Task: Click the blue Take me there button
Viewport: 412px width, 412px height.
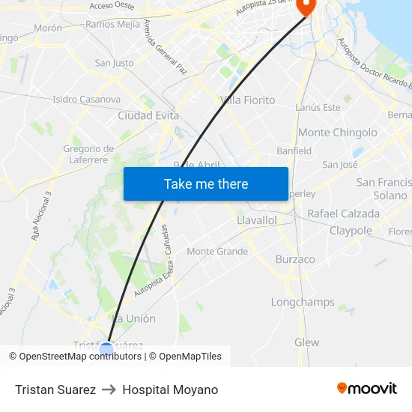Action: pyautogui.click(x=206, y=184)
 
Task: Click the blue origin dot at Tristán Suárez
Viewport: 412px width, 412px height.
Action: pyautogui.click(x=106, y=348)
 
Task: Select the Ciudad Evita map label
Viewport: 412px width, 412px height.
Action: pyautogui.click(x=148, y=116)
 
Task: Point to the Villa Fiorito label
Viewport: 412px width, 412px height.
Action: pyautogui.click(x=248, y=100)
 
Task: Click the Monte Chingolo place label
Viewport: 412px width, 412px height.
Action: pyautogui.click(x=338, y=133)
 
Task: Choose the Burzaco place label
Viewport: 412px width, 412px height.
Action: pyautogui.click(x=295, y=259)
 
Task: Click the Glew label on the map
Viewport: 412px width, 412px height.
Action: pyautogui.click(x=306, y=342)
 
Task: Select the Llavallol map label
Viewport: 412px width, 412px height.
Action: pyautogui.click(x=256, y=221)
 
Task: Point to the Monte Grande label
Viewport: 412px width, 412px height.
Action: pyautogui.click(x=217, y=252)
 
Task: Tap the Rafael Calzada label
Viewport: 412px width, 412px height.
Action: pyautogui.click(x=343, y=213)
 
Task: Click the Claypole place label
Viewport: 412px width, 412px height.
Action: pyautogui.click(x=351, y=231)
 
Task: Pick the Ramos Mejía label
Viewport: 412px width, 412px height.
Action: pyautogui.click(x=113, y=24)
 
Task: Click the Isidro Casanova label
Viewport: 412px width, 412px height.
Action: pyautogui.click(x=86, y=99)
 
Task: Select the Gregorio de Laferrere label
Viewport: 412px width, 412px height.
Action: pyautogui.click(x=88, y=154)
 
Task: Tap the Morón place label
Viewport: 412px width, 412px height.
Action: pyautogui.click(x=48, y=28)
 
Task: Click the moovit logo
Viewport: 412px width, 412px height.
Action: pyautogui.click(x=366, y=389)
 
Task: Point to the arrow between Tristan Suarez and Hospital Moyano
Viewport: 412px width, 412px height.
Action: pyautogui.click(x=109, y=390)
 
